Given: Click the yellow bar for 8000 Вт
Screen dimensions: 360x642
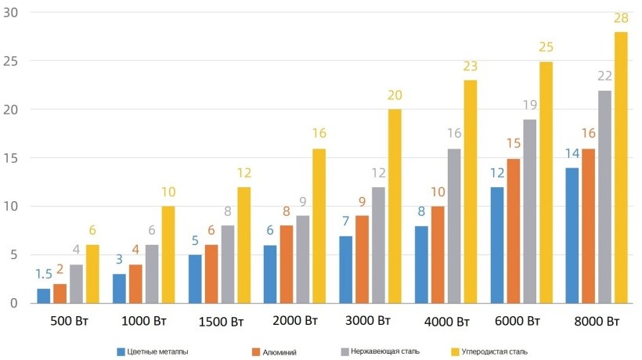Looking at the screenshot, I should [620, 167].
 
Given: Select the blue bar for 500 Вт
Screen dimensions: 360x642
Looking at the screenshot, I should [43, 296].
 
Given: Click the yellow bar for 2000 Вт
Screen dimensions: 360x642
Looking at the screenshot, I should [319, 226].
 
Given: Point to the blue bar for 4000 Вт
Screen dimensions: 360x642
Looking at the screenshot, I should [421, 265].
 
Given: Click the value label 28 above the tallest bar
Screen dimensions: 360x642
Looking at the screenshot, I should [620, 18].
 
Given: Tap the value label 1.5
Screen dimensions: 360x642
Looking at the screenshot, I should [44, 274].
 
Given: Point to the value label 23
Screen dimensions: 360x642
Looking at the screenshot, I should [470, 67].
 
